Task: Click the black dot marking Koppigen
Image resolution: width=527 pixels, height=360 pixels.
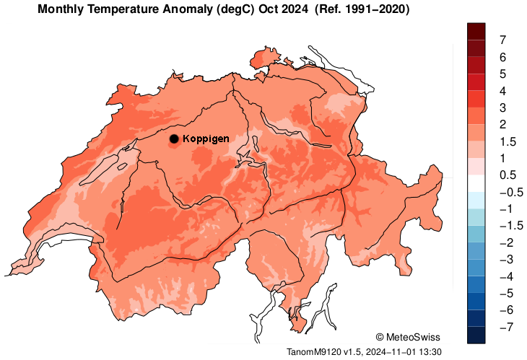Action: point(174,139)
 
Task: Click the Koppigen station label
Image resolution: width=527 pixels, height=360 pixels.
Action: point(206,139)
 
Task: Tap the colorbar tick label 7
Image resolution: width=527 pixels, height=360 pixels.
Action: point(502,40)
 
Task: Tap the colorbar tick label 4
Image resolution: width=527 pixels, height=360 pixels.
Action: point(502,91)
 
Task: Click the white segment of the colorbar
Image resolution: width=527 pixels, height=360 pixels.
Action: point(476,183)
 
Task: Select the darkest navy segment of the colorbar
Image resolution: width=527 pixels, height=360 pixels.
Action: point(476,334)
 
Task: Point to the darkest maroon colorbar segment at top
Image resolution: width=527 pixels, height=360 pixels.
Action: point(476,31)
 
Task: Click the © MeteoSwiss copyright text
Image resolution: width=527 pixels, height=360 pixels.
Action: point(408,337)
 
